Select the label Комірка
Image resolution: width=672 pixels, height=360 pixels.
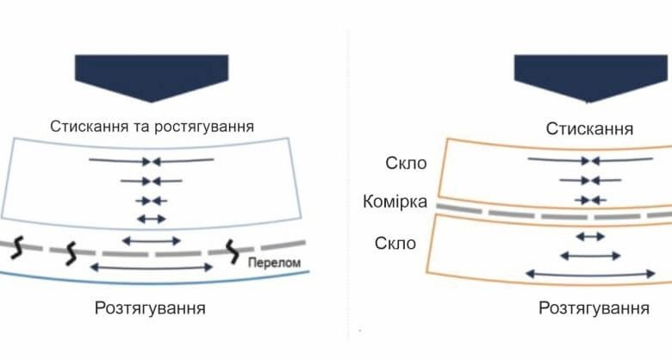pos(395,203)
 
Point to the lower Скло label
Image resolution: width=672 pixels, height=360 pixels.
pos(395,244)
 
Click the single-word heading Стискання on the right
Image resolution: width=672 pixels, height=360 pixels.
pos(590,128)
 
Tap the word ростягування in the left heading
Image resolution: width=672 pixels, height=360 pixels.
pos(207,126)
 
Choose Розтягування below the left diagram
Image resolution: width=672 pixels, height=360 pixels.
pos(152,307)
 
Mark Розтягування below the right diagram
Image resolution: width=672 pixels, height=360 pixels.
pos(594,307)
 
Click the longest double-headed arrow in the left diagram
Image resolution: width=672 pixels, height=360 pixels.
pos(152,268)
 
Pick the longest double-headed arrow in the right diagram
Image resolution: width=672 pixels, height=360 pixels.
pos(590,274)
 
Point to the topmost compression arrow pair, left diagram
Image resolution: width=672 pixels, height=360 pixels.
pos(152,160)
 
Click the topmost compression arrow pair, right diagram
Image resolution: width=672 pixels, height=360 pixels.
pos(590,160)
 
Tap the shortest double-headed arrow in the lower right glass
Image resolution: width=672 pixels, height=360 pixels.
pos(590,235)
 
